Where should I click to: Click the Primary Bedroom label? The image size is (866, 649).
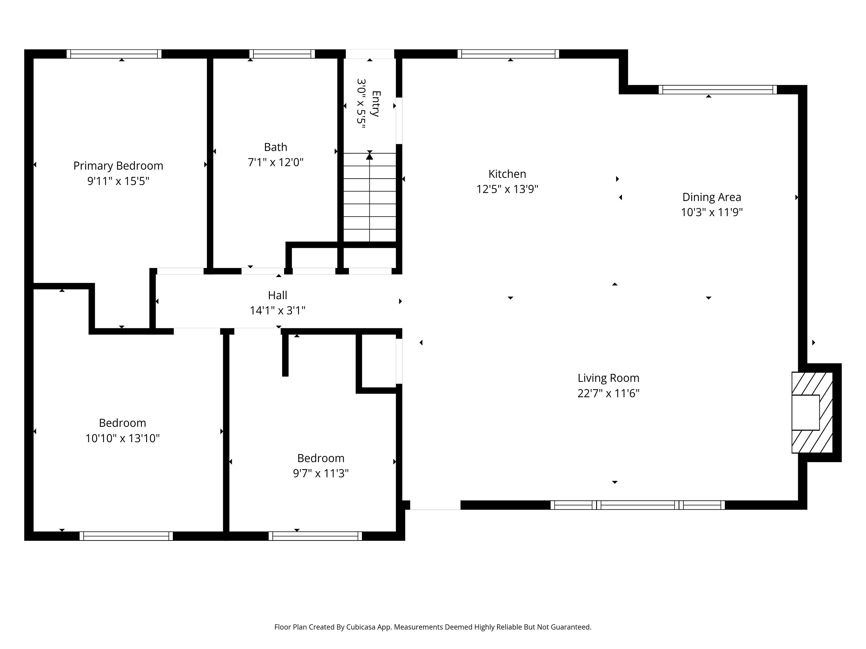(118, 166)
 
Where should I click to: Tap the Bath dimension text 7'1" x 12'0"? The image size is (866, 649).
(276, 162)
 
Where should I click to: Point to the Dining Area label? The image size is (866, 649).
(712, 197)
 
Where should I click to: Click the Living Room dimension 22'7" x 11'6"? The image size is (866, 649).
(608, 393)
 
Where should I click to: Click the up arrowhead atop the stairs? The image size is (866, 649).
(370, 156)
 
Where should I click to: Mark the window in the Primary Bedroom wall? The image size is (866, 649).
(114, 54)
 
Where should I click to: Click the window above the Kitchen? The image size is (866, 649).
(508, 54)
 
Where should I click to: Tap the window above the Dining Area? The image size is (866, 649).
(718, 90)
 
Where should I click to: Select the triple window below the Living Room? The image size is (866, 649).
(637, 505)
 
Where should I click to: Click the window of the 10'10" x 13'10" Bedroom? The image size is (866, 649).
(126, 536)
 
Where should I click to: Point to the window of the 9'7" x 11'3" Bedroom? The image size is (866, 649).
(315, 536)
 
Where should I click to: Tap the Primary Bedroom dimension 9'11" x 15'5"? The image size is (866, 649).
(118, 181)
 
